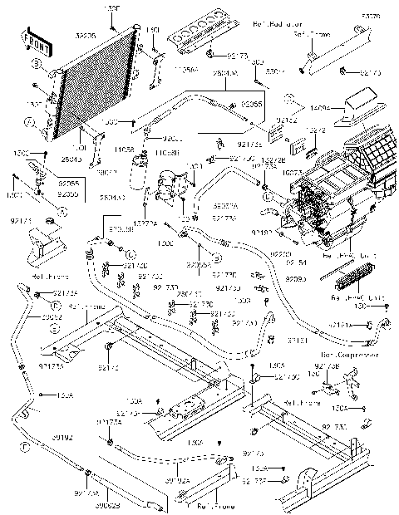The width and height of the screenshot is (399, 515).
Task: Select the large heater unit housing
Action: (332, 195)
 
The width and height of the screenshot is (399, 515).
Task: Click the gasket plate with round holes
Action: (197, 38)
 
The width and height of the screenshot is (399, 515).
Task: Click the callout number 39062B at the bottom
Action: (106, 504)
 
